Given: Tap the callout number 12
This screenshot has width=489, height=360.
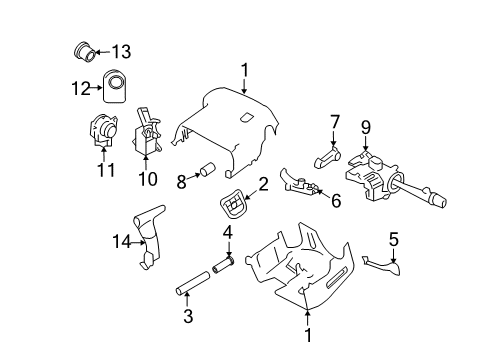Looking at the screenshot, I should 83,88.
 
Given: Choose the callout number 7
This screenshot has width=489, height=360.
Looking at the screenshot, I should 336,122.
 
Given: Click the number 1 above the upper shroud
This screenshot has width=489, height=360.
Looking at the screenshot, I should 243,69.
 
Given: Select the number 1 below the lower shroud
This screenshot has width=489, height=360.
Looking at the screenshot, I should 307,337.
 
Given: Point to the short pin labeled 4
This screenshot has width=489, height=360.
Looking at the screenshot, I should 221,266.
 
